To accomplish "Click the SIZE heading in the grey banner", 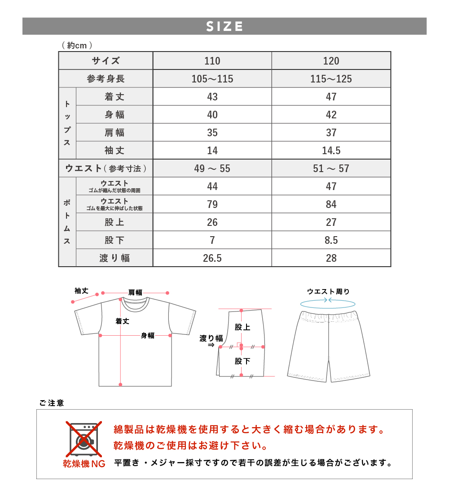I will [x=224, y=26].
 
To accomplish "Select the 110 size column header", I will [x=212, y=61].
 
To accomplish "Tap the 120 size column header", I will [x=331, y=61].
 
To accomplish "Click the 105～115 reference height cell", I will [x=212, y=79].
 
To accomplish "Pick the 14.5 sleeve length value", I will [x=331, y=151].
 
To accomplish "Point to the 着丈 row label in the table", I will [x=114, y=97].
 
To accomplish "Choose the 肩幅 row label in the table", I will [x=114, y=133].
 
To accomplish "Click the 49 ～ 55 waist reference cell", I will [x=212, y=169].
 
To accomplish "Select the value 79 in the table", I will [x=212, y=204].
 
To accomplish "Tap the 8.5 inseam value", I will [x=331, y=240].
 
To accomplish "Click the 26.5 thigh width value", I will [x=212, y=258].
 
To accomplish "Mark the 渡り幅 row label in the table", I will [x=114, y=258].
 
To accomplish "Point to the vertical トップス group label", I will [x=67, y=123].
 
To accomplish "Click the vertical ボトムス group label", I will [x=67, y=222].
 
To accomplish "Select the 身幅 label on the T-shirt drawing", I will [x=147, y=335].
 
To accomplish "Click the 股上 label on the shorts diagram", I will [x=242, y=327].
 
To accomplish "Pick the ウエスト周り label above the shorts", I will [x=328, y=291].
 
